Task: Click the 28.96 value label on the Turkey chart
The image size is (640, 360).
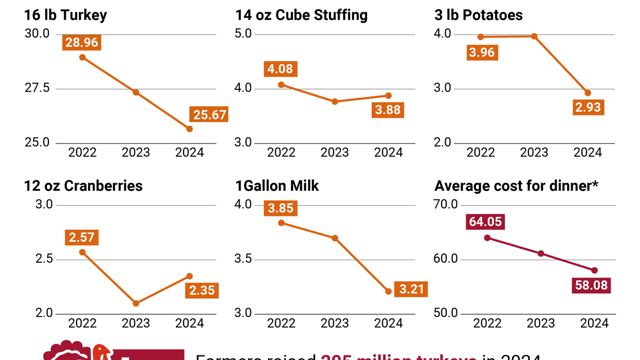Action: tap(82, 42)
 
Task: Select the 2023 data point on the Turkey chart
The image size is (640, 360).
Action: tap(136, 92)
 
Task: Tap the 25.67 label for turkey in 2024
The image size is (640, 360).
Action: tap(210, 115)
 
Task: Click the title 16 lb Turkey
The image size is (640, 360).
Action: tap(65, 15)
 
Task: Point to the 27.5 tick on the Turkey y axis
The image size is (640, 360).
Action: tap(38, 88)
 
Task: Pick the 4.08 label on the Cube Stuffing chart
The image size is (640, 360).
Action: tap(281, 69)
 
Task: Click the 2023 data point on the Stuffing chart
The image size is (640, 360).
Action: tap(335, 102)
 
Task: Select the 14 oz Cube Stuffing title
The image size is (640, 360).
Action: tap(301, 15)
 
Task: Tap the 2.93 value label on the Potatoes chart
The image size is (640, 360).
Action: tap(588, 108)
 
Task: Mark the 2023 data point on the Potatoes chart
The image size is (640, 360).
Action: tap(534, 37)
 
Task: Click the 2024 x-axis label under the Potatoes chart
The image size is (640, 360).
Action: tap(588, 153)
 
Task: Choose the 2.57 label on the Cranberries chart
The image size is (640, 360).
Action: tap(82, 238)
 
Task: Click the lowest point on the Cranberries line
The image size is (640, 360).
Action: tap(136, 303)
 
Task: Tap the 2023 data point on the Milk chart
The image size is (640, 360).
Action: tap(335, 238)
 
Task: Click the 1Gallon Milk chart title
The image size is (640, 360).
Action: tap(277, 186)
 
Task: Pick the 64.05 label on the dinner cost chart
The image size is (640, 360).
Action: tap(485, 222)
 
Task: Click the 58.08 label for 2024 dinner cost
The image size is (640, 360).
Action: tap(591, 285)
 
